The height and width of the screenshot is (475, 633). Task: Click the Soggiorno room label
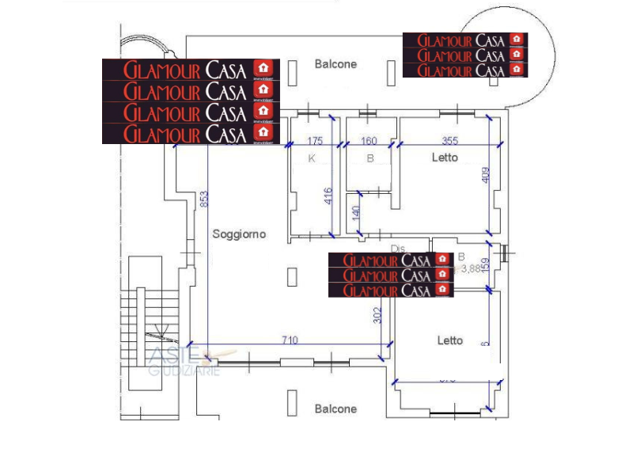(239, 234)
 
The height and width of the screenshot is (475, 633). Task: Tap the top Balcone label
(335, 64)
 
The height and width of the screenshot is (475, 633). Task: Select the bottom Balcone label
(335, 409)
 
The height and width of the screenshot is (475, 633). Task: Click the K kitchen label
(312, 158)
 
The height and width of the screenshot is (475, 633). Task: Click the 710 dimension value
(290, 341)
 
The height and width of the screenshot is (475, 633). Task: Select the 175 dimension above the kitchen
(315, 142)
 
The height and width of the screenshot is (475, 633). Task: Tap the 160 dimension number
(369, 142)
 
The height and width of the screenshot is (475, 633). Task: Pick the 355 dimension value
(450, 142)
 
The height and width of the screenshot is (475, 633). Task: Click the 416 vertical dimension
(328, 196)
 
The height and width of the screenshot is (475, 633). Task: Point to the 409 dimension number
(486, 175)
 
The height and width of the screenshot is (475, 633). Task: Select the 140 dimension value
(356, 213)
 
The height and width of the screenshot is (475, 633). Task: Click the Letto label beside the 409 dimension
(445, 158)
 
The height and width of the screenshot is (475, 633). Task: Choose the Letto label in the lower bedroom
(450, 341)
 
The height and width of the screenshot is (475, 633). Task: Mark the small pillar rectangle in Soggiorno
(292, 275)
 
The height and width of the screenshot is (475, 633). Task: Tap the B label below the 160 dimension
(370, 158)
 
